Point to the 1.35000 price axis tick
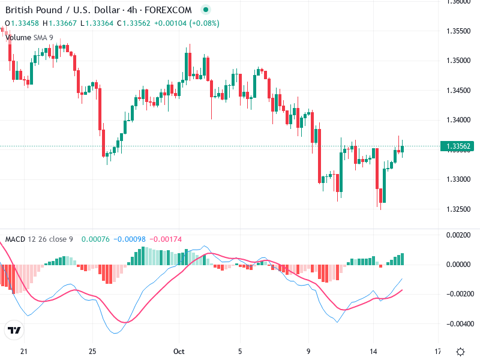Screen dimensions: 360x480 (458, 61)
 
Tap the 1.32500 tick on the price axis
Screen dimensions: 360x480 (458, 209)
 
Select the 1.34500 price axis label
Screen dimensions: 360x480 (458, 91)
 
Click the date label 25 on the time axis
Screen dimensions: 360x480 (92, 351)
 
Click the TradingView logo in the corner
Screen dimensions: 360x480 (14, 331)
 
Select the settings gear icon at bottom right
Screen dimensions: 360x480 (460, 352)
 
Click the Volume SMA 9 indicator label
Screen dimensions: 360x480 (29, 37)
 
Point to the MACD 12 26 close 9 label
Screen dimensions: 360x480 (39, 239)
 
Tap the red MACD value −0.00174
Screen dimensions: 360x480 (164, 239)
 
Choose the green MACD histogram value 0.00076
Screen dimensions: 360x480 (94, 239)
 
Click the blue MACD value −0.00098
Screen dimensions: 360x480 (128, 239)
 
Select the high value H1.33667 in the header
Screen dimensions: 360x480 (60, 23)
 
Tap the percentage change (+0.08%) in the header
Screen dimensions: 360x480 (205, 23)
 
